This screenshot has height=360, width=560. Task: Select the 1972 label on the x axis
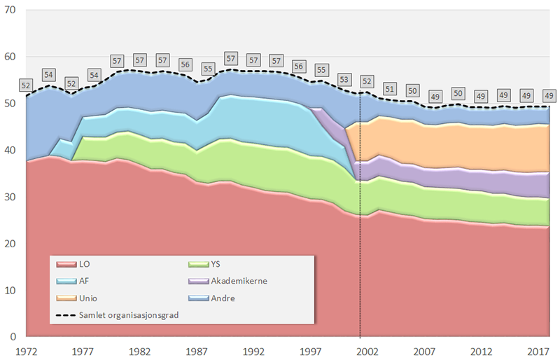point(27,349)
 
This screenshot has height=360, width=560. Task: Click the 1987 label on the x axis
point(201,349)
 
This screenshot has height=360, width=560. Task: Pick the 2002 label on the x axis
point(375,349)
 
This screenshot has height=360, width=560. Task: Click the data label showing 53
point(344,79)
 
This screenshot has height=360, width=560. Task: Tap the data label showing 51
point(390,88)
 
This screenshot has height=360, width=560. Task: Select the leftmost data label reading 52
point(27,85)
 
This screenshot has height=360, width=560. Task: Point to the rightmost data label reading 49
point(549,95)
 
